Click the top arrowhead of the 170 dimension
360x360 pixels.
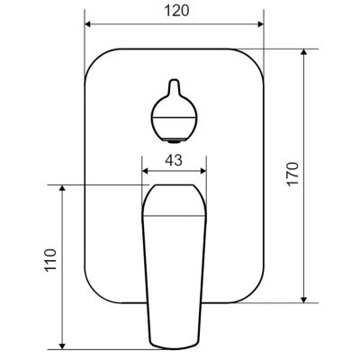(x=306, y=54)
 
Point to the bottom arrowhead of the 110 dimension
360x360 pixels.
(x=62, y=344)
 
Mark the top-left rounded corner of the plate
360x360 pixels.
(x=97, y=58)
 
